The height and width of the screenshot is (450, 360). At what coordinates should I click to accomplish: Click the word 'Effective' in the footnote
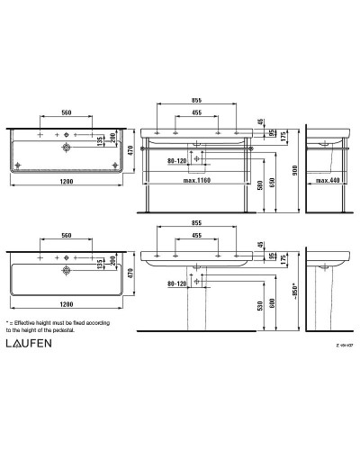pos(33,321)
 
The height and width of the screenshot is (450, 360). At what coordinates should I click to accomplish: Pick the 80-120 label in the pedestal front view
pos(180,285)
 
